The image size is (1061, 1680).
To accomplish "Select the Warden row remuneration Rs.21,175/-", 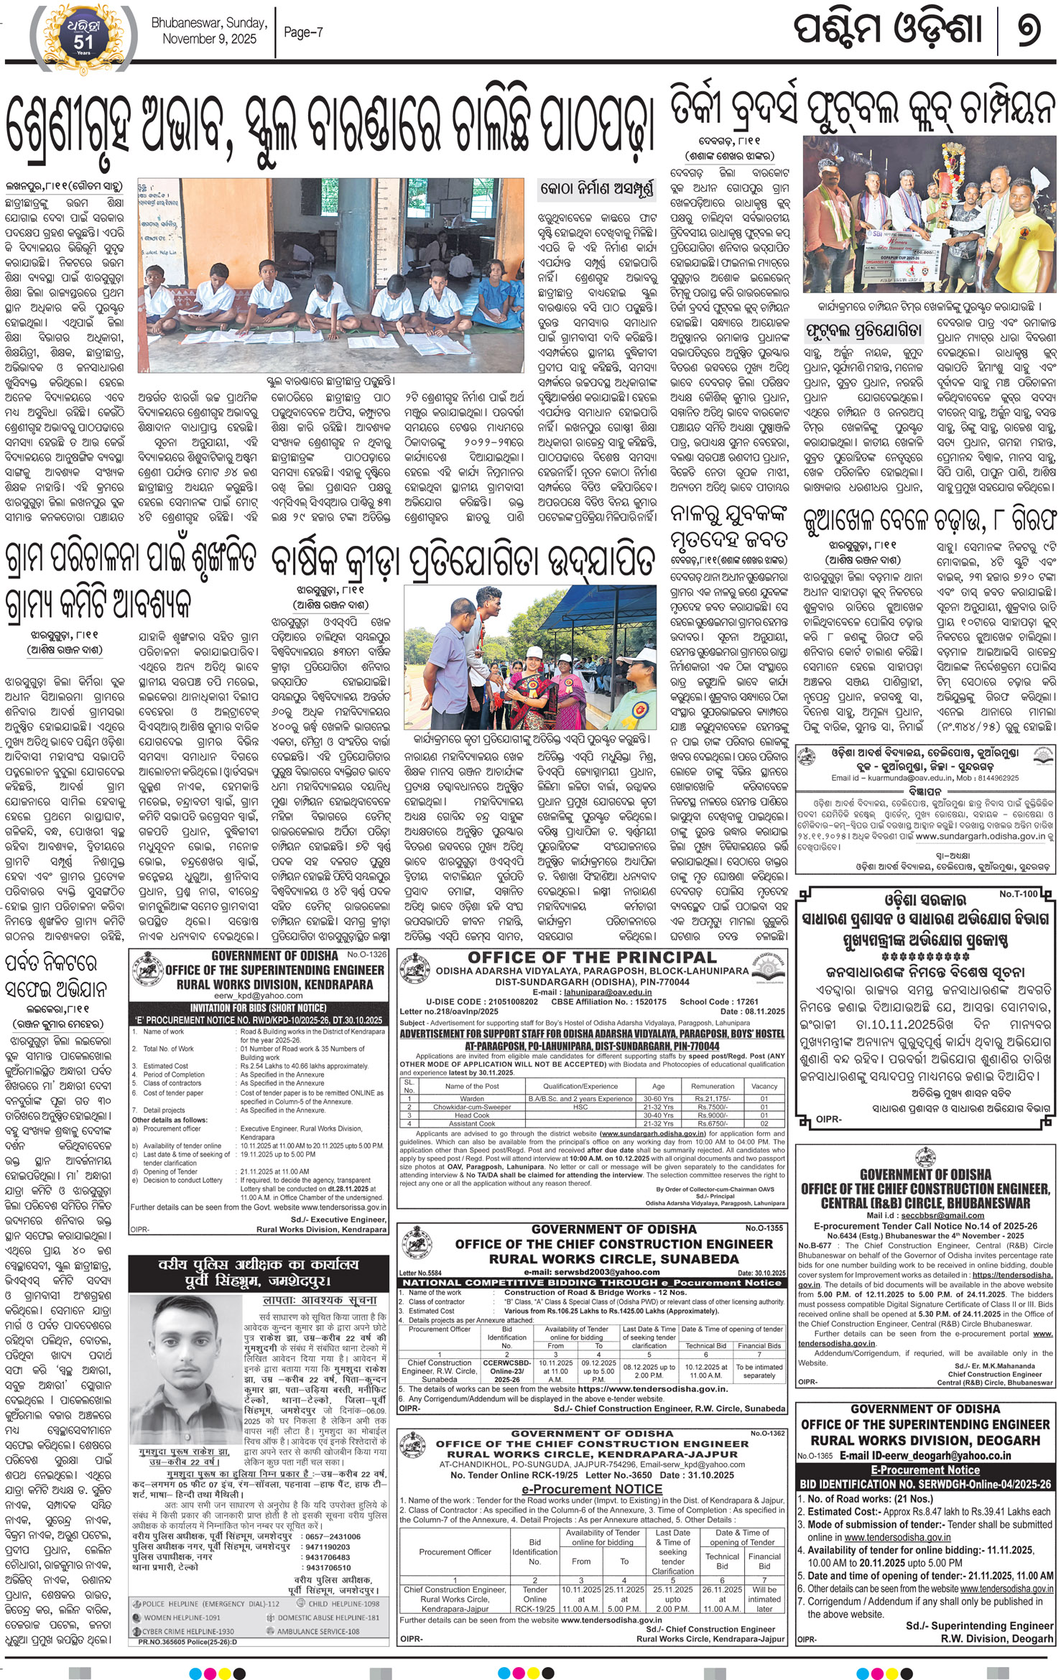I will click(x=712, y=1099).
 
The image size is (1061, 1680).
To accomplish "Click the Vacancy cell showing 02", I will click(x=764, y=1123).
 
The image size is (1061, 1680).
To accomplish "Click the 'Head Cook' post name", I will click(x=471, y=1115).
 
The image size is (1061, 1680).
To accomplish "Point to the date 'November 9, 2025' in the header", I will click(x=209, y=39).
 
